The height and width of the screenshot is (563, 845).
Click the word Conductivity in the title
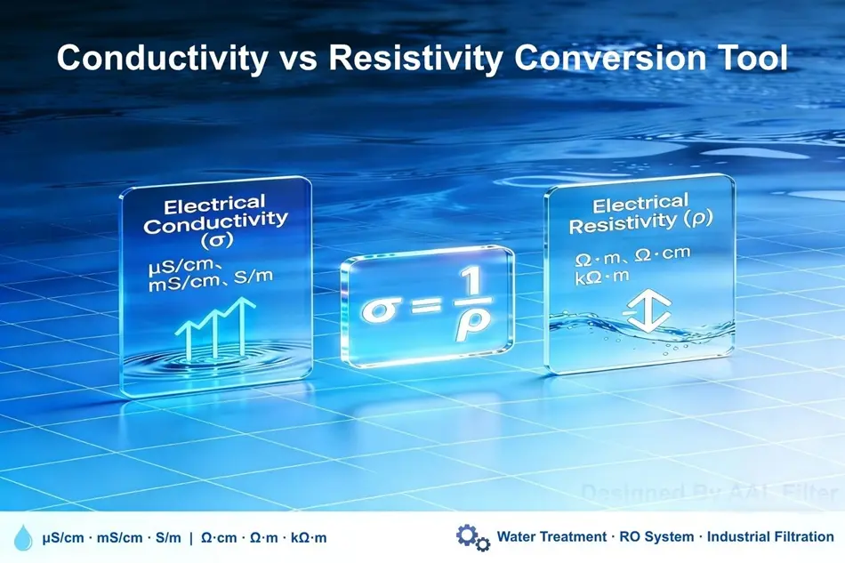(x=161, y=59)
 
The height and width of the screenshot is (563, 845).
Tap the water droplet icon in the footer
(x=23, y=538)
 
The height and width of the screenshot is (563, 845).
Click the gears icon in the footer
(x=472, y=537)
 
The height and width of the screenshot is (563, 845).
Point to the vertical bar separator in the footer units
(x=191, y=538)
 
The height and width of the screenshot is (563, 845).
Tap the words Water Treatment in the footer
(x=546, y=537)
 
